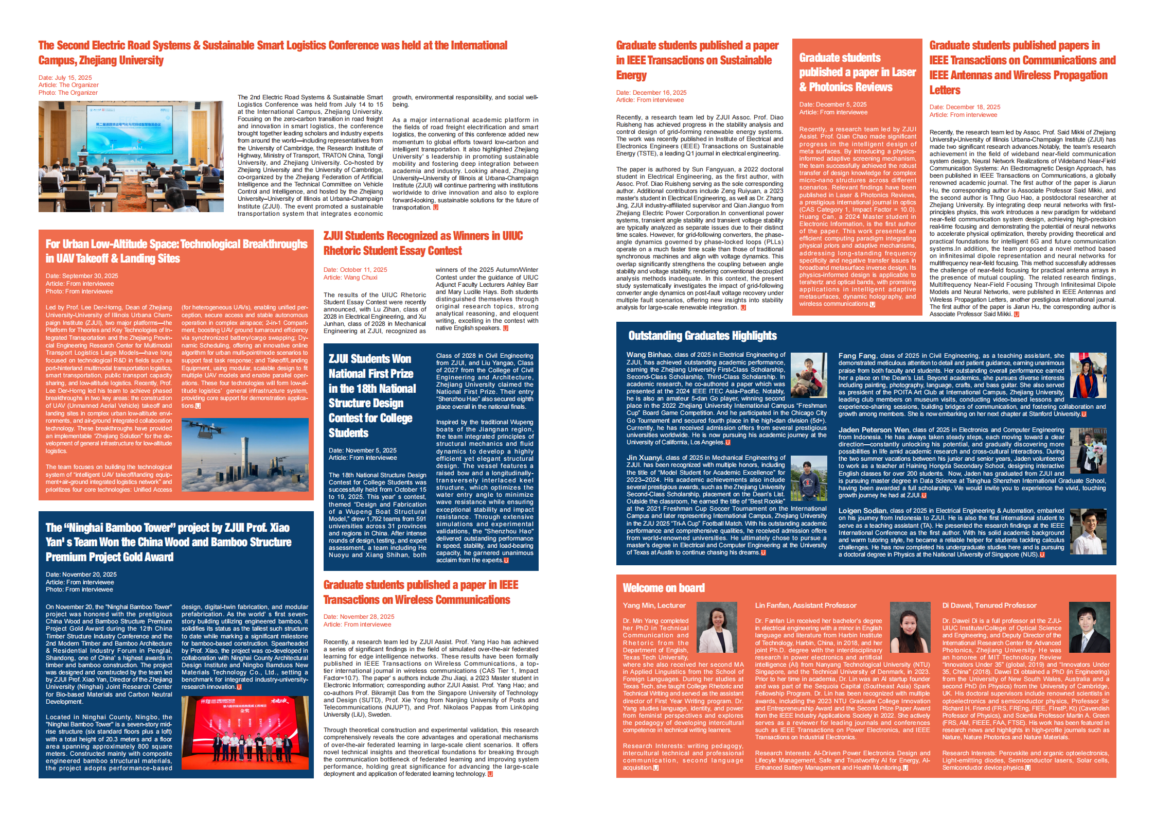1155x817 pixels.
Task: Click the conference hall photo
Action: click(x=131, y=156)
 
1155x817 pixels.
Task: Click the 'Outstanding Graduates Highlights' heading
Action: click(x=702, y=336)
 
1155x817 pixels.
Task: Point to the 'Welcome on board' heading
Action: click(x=663, y=588)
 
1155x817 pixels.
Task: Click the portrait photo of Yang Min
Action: click(x=717, y=627)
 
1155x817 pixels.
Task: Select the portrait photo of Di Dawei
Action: click(x=1089, y=627)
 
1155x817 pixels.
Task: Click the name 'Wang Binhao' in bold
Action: click(x=648, y=355)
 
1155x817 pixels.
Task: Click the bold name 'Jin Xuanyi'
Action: click(x=644, y=458)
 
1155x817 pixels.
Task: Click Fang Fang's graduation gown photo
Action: click(x=1088, y=376)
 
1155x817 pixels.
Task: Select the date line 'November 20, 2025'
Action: click(x=81, y=575)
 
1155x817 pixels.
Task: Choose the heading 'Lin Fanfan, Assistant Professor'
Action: click(x=805, y=605)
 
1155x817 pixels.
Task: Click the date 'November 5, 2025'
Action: click(x=362, y=450)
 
